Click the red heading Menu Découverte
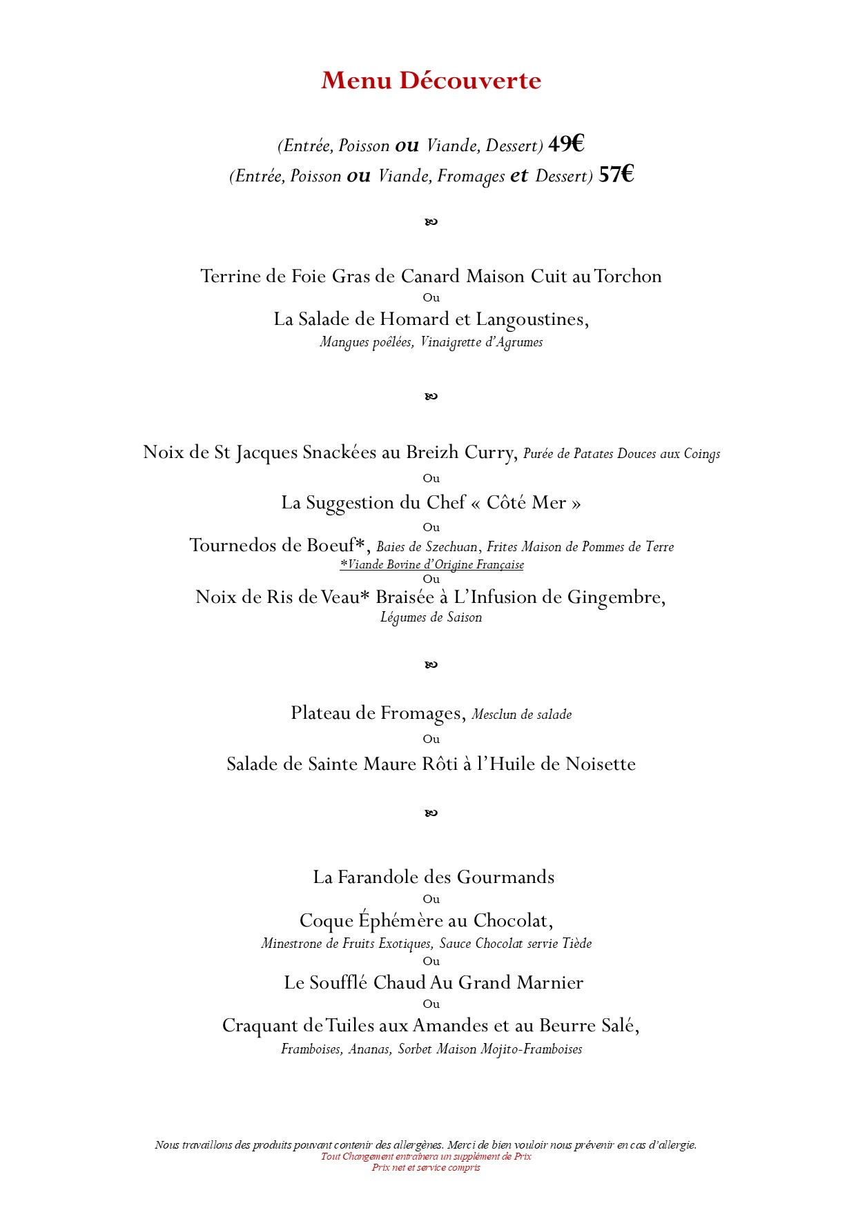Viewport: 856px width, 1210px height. (x=431, y=81)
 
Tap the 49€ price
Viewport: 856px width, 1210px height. (x=566, y=144)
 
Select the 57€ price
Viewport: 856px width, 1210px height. (x=616, y=175)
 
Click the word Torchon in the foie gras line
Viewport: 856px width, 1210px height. (x=628, y=277)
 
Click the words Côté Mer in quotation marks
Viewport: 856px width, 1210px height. (x=526, y=503)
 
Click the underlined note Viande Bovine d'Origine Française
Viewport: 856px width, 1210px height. (x=431, y=565)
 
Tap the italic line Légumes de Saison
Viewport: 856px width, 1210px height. (x=431, y=617)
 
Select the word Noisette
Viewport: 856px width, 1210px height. (x=600, y=764)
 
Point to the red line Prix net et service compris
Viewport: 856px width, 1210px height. (x=426, y=1167)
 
